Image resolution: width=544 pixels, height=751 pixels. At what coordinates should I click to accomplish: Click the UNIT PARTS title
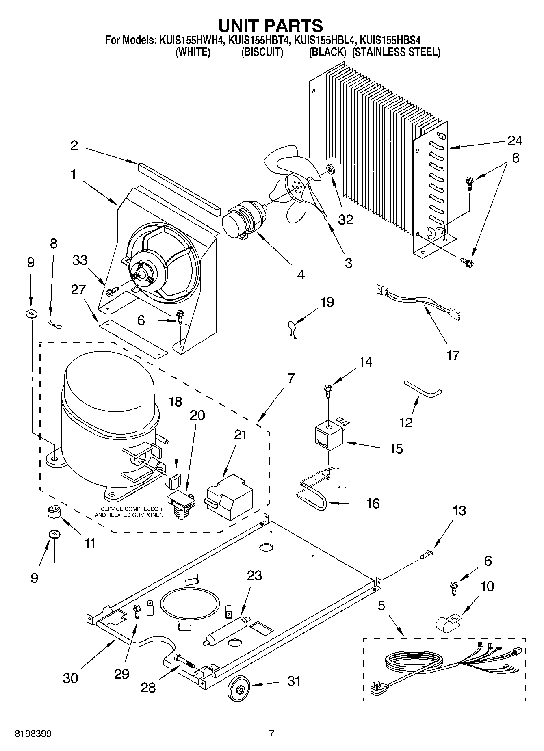271,25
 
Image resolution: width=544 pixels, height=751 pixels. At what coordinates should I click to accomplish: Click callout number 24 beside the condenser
514,141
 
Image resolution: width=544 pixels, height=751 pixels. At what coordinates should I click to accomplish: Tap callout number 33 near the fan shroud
80,260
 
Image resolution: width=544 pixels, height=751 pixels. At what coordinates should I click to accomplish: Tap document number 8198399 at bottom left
33,734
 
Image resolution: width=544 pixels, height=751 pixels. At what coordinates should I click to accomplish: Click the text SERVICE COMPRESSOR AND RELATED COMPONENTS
132,512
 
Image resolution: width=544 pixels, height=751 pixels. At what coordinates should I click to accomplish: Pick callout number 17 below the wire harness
453,355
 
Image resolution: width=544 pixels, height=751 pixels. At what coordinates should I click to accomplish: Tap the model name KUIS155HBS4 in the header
390,40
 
